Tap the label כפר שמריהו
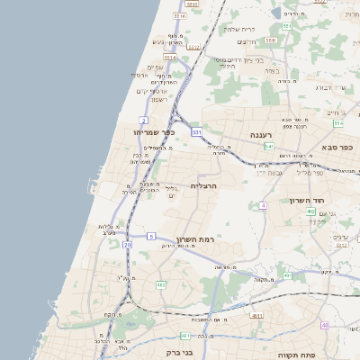click(153, 132)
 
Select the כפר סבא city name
click(338, 147)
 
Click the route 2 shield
click(143, 120)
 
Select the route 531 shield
click(196, 131)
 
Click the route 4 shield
click(263, 206)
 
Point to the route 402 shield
click(310, 211)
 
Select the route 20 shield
click(128, 244)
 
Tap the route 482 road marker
click(161, 284)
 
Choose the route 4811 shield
click(256, 317)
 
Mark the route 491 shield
click(287, 275)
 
